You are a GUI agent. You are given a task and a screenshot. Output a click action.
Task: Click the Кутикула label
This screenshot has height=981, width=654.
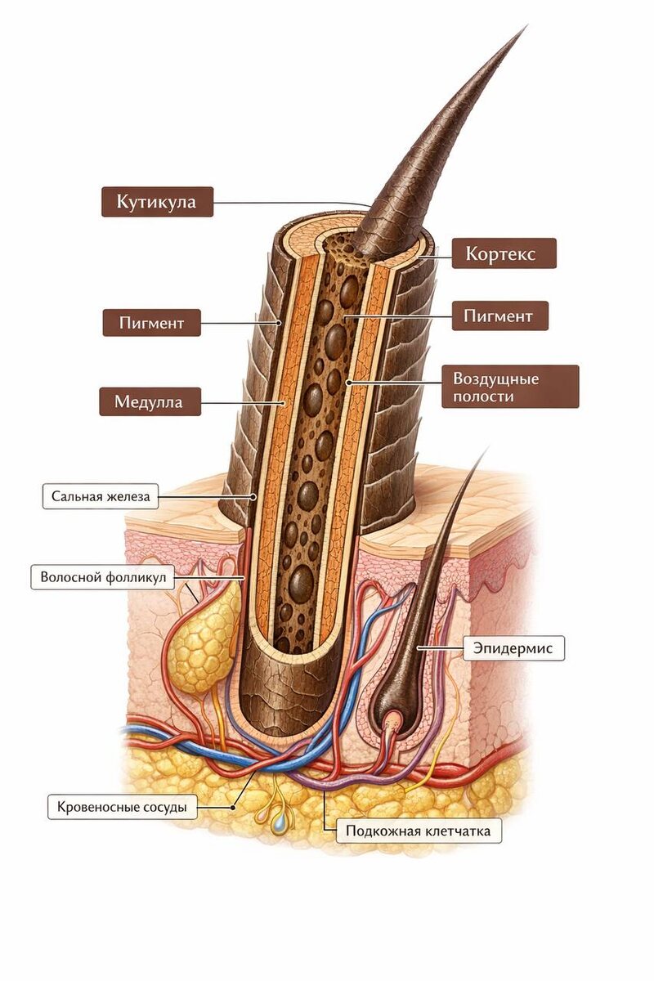157,202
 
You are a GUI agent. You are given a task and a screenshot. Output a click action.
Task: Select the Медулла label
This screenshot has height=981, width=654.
150,402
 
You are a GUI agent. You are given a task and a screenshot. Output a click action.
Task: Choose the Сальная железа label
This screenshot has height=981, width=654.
99,495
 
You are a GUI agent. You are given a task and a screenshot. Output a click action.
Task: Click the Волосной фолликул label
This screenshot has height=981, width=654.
103,577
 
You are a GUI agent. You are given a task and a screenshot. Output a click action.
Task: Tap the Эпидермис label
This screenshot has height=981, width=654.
513,648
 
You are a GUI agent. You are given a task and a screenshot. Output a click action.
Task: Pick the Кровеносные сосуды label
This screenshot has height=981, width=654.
122,807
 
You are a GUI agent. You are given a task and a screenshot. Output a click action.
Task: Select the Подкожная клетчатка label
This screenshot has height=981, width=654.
419,831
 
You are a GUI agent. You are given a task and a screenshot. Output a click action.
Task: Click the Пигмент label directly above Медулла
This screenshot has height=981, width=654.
151,322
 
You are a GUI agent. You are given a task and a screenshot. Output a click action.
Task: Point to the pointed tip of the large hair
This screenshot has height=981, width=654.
523,29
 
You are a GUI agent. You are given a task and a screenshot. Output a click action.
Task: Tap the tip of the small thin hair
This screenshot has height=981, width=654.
487,449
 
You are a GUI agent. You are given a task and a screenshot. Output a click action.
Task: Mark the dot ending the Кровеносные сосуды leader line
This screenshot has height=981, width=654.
234,806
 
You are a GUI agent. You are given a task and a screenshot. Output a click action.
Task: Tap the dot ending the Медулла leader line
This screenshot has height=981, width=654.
284,402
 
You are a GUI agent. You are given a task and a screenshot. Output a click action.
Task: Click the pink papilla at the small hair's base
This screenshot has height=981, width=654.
393,722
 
